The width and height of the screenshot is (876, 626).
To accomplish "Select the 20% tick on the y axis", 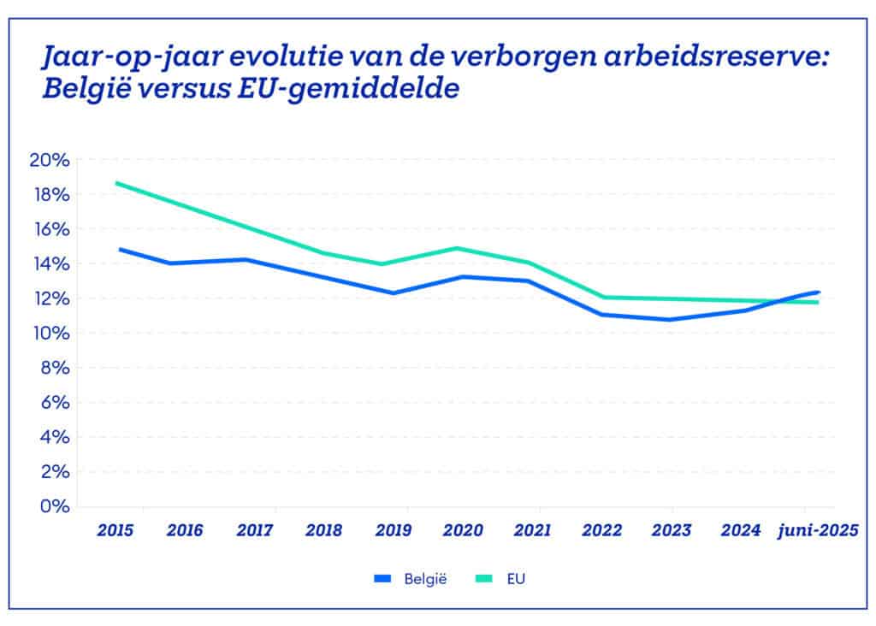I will tap(50, 160).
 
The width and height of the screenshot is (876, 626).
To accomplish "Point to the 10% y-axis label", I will tap(50, 333).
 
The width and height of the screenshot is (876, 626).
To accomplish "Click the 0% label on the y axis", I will tap(54, 505).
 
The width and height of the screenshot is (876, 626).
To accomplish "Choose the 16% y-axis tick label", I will tap(50, 229).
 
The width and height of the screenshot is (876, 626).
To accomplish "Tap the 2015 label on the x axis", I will tap(115, 530).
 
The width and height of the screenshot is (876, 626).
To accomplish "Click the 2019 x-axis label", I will tap(393, 530).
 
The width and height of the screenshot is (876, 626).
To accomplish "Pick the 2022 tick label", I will tap(601, 530).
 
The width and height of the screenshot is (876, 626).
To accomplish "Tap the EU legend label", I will tap(515, 579).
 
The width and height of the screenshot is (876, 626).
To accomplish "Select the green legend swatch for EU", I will tap(483, 579).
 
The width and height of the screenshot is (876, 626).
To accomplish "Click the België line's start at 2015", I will tap(120, 249).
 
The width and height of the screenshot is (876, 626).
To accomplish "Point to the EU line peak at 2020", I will tap(460, 248).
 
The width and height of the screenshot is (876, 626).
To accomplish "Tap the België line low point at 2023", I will tap(671, 320).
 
